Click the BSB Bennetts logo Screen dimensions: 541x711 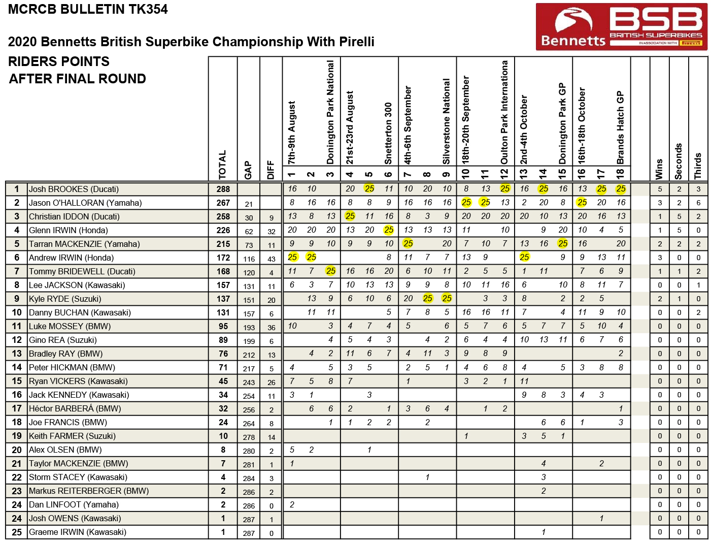coord(621,26)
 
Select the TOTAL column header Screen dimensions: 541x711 coord(222,165)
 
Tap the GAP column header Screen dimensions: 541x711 coord(248,170)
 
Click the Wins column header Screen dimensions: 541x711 coord(659,169)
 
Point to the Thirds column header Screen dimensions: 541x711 coord(698,166)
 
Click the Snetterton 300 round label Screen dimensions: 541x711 coord(388,134)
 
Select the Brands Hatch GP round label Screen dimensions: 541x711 coord(621,128)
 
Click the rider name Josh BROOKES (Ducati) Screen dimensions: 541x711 coord(74,189)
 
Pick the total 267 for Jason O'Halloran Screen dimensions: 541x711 coord(223,203)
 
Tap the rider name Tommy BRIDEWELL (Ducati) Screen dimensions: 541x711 coord(82,271)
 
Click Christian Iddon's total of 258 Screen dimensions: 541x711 coord(223,216)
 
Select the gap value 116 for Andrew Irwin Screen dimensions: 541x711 coord(249,259)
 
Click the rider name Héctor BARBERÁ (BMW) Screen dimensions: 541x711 coord(75,408)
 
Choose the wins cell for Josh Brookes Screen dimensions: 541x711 coord(660,189)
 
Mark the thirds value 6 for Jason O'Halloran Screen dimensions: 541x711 coord(698,203)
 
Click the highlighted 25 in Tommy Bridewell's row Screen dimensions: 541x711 coord(331,271)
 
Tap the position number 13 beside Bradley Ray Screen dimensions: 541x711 coord(17,354)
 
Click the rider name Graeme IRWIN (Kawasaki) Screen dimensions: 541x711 coord(78,532)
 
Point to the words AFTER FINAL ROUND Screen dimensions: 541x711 coord(78,79)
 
